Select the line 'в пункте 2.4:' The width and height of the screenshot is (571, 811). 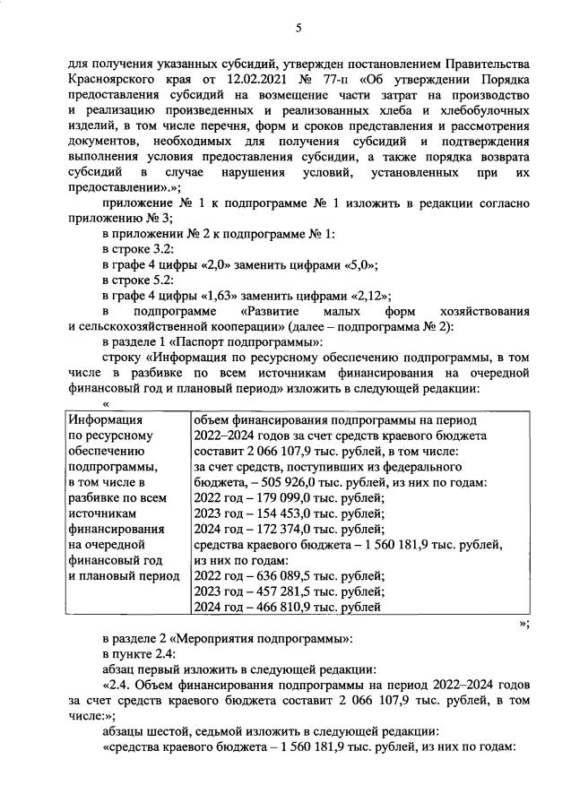tap(138, 654)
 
